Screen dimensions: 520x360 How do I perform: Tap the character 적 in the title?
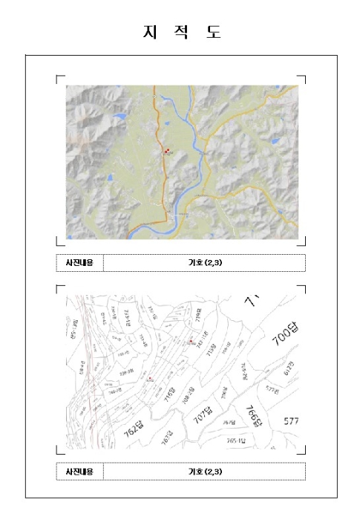pyautogui.click(x=180, y=33)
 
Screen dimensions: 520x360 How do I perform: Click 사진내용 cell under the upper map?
pyautogui.click(x=79, y=263)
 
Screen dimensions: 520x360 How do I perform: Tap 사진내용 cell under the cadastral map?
pyautogui.click(x=79, y=471)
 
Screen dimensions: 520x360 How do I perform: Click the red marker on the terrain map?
pyautogui.click(x=168, y=150)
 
